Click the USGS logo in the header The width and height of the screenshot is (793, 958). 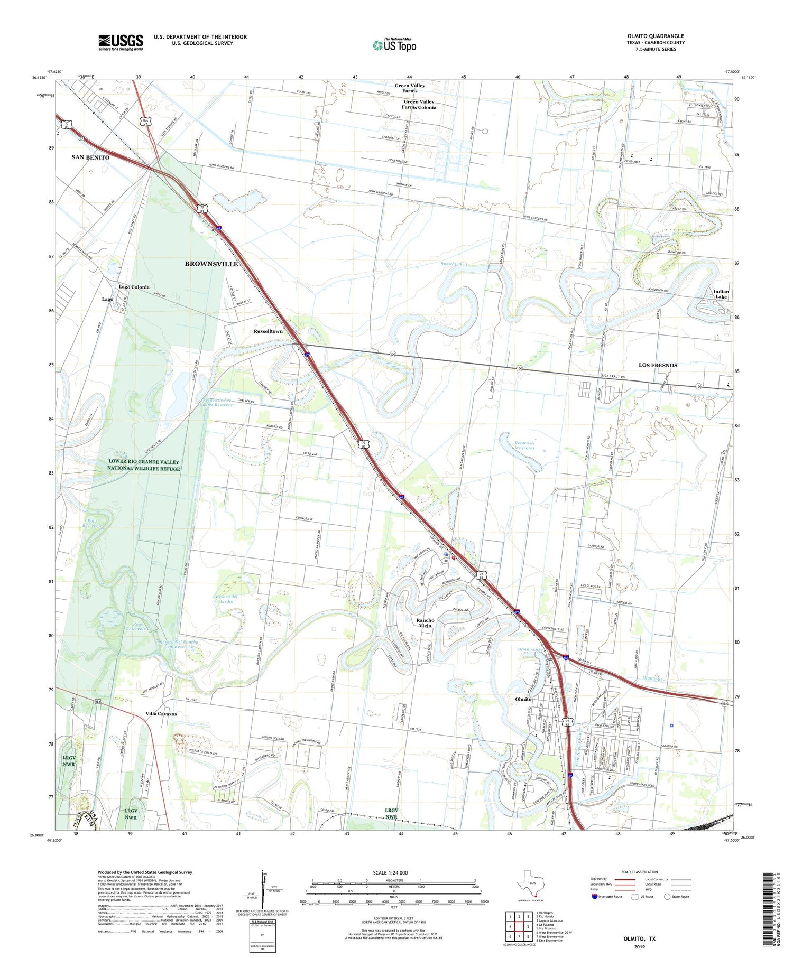(x=121, y=42)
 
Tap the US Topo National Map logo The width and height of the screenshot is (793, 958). (x=394, y=45)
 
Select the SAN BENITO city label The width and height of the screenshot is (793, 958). (x=90, y=157)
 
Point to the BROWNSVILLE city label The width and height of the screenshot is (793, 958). (x=211, y=264)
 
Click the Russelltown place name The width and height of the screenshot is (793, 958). (x=268, y=331)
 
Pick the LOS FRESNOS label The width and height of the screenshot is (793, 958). (x=658, y=365)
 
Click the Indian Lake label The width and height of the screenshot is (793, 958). (x=721, y=294)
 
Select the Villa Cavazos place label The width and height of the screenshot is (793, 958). (x=161, y=714)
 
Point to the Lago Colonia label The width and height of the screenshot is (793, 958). (x=134, y=287)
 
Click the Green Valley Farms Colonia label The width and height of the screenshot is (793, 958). (x=419, y=104)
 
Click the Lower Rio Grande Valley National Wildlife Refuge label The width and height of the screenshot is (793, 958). (x=143, y=466)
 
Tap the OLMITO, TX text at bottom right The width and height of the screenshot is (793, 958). (x=639, y=938)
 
